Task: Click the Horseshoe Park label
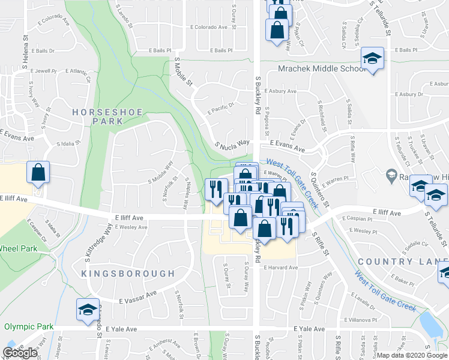coord(98,116)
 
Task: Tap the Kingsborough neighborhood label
coord(128,274)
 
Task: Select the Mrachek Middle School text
coord(322,69)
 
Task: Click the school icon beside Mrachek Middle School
coord(372,59)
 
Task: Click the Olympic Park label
coord(28,326)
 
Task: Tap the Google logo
coord(20,353)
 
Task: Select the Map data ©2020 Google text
coord(412,355)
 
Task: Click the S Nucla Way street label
coord(232,144)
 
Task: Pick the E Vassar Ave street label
coord(137,296)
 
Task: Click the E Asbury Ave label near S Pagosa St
coord(283,91)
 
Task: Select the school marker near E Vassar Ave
coord(88,309)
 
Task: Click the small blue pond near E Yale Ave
coord(432,325)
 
